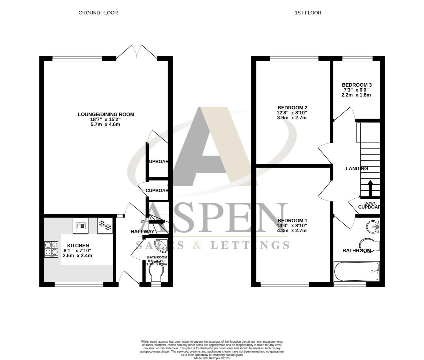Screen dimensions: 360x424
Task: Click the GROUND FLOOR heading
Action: (x=98, y=13)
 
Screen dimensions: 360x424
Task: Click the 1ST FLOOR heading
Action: (x=308, y=13)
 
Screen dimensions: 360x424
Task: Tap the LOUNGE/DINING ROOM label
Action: (x=106, y=114)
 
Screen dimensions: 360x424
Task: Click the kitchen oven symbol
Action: (x=80, y=225)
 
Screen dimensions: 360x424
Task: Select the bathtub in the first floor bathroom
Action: (x=356, y=271)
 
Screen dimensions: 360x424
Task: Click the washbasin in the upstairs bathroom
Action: (x=373, y=227)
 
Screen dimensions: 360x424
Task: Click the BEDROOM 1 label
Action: (x=292, y=221)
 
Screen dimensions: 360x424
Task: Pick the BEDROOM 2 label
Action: (x=292, y=108)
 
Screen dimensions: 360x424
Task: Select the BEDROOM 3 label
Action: (x=356, y=85)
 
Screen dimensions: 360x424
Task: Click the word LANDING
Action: (x=356, y=169)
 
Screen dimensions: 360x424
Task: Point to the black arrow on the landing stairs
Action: (x=370, y=188)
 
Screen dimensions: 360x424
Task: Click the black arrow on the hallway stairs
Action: (x=157, y=222)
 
